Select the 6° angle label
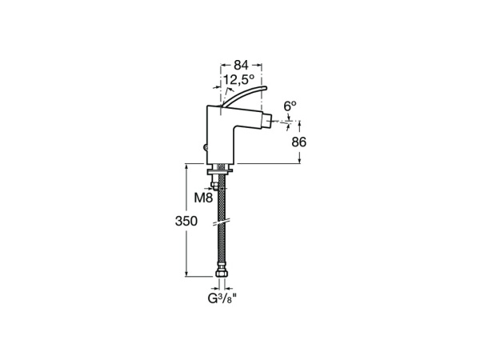(290, 106)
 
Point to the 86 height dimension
(299, 142)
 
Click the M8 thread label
(203, 197)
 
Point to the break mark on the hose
(222, 221)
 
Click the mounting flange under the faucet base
(222, 169)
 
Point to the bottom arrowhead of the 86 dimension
(299, 161)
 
